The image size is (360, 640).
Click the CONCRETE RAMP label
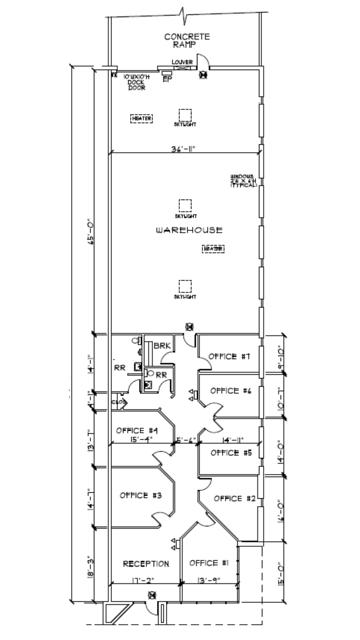click(187, 40)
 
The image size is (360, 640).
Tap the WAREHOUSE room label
click(189, 230)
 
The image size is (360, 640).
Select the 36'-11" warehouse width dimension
click(183, 149)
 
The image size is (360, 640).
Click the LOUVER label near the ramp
click(182, 62)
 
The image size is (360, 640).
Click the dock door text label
click(137, 82)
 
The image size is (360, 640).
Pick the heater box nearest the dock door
click(142, 118)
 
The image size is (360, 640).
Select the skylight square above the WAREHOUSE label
click(185, 205)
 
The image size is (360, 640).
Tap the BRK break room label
click(162, 346)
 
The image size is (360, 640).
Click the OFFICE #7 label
click(229, 357)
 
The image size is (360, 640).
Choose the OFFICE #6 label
click(230, 391)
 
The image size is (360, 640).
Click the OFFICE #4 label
click(137, 431)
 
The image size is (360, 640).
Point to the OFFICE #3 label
click(141, 496)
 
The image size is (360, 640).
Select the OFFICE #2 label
click(234, 499)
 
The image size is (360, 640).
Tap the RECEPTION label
click(146, 564)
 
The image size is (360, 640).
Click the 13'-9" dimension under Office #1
click(210, 580)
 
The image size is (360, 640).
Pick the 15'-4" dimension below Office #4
click(140, 439)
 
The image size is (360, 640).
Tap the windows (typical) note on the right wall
click(244, 181)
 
